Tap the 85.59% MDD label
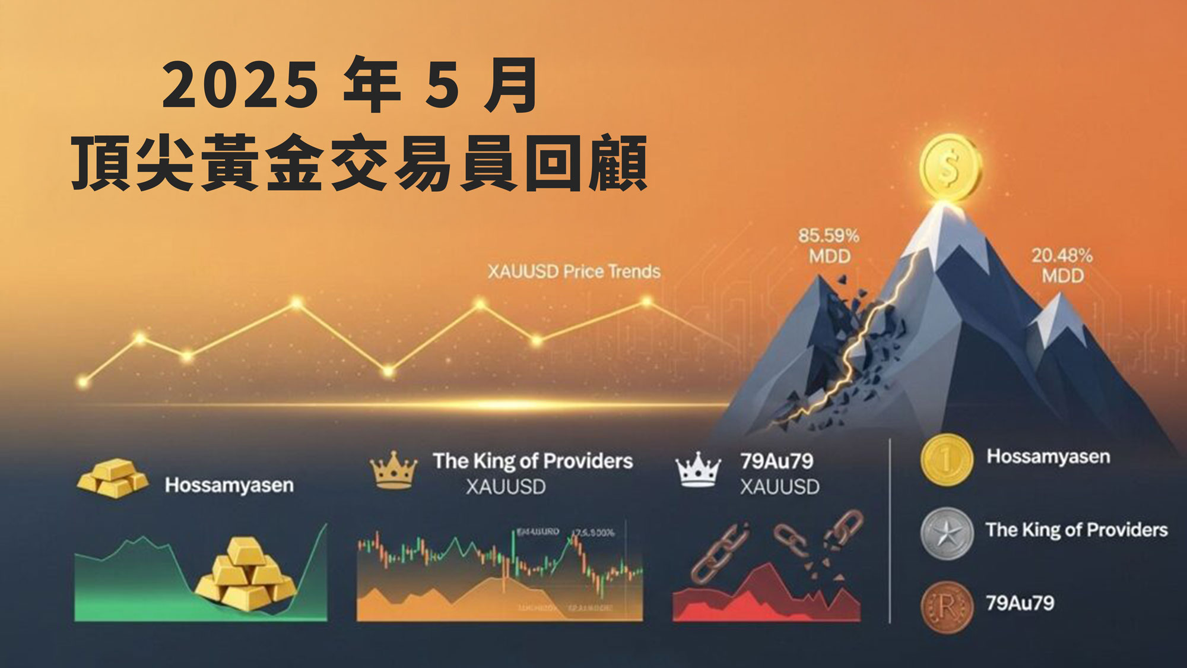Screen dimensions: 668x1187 pos(829,246)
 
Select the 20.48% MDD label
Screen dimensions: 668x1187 pos(1062,265)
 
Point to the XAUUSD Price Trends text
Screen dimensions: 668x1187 pos(574,272)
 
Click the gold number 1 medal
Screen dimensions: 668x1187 pos(947,459)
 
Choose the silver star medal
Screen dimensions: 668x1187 pos(947,533)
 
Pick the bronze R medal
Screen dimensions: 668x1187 pos(947,607)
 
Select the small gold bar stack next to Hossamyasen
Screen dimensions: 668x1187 pos(113,478)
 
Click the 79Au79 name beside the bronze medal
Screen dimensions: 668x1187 pos(1020,603)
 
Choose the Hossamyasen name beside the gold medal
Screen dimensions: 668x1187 pos(1048,457)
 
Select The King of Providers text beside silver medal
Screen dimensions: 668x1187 pos(1077,530)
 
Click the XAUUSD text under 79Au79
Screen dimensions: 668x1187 pos(779,487)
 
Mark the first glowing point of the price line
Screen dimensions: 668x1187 pos(83,382)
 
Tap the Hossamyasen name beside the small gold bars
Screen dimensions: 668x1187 pos(229,485)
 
